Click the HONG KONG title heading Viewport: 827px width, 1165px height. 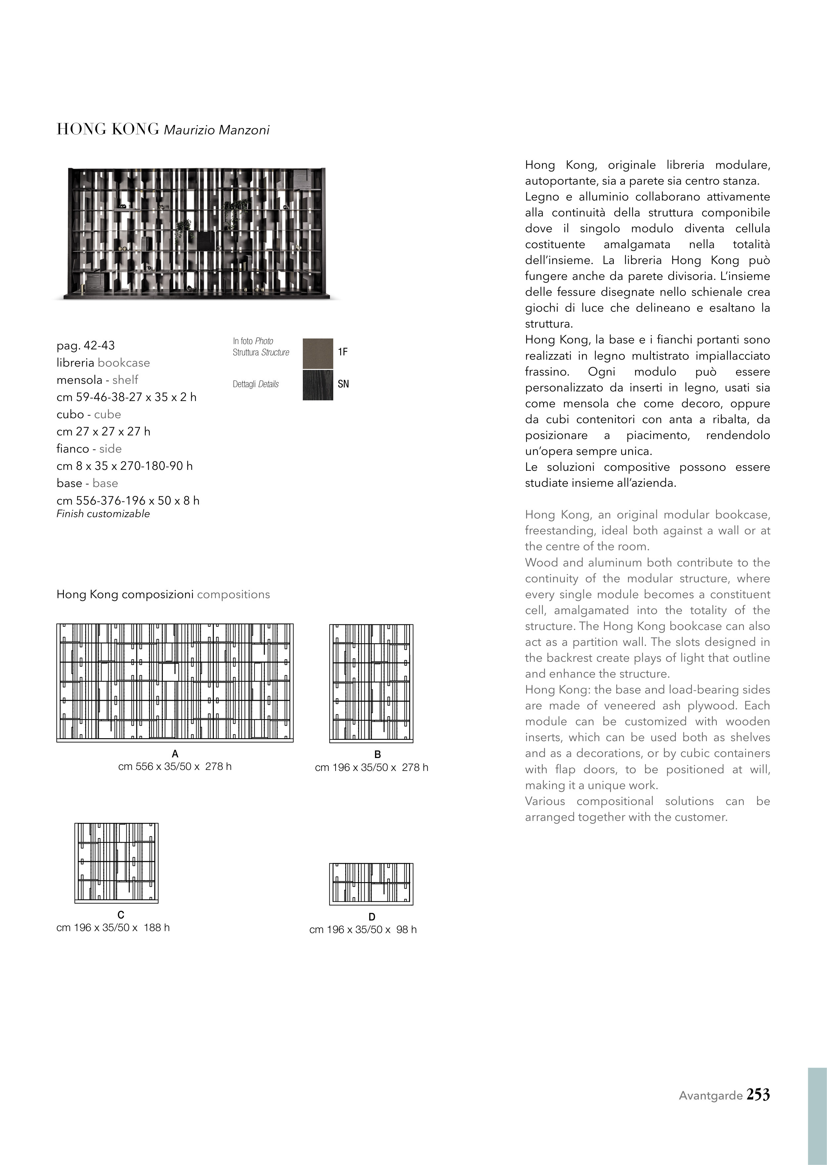pos(108,129)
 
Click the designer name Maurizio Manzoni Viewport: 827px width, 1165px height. pos(216,130)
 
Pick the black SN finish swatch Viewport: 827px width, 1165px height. pos(318,385)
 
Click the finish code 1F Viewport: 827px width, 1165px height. pos(343,352)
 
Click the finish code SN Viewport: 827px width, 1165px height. pos(343,384)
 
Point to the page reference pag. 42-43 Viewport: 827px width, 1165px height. pos(86,345)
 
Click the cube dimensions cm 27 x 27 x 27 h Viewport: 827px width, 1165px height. pos(103,431)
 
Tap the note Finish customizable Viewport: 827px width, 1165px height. pos(103,514)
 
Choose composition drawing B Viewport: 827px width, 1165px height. pos(371,683)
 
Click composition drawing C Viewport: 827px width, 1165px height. pos(116,863)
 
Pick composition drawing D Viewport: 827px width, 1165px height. pos(371,884)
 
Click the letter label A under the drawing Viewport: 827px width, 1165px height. pos(175,754)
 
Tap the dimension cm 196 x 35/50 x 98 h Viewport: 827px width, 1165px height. pos(363,929)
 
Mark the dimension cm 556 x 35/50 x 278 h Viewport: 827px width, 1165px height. pos(175,766)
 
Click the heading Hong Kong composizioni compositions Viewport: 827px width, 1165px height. pos(163,594)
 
